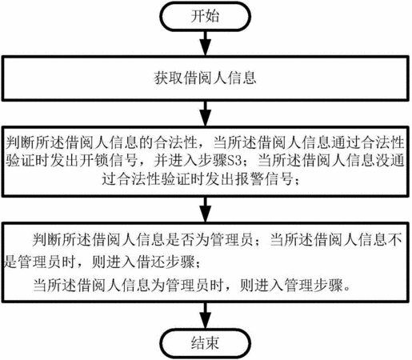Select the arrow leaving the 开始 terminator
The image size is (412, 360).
tap(205, 43)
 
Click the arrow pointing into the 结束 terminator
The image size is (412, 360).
tap(205, 316)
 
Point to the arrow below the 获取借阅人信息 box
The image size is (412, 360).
tap(205, 114)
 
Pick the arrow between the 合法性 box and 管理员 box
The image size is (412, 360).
tap(205, 210)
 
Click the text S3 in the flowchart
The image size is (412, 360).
tap(235, 161)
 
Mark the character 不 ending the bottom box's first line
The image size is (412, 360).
tap(394, 240)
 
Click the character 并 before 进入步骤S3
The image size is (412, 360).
tap(161, 161)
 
